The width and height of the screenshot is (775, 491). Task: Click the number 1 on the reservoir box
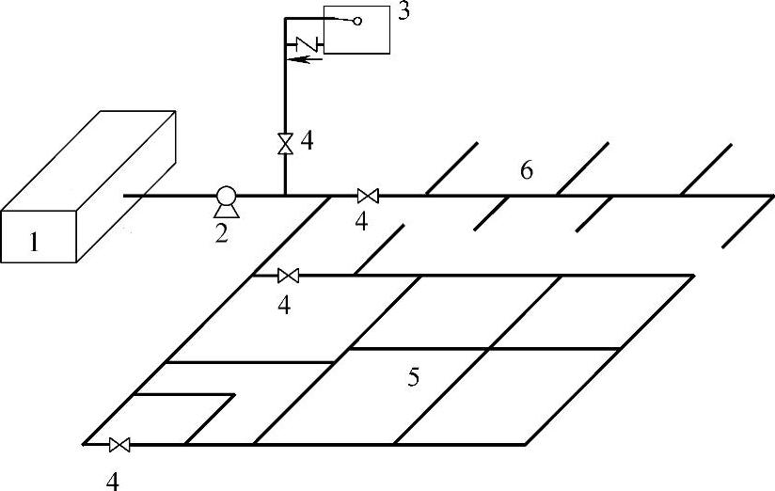(x=35, y=242)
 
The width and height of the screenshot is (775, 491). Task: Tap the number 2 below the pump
(x=222, y=231)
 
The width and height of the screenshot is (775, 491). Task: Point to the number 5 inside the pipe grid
(x=413, y=377)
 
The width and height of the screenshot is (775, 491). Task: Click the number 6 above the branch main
(x=527, y=170)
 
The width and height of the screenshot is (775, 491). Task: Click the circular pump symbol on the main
(x=226, y=197)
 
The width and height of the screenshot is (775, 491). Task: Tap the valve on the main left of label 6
(x=368, y=196)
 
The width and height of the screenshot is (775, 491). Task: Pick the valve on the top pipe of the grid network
(x=289, y=276)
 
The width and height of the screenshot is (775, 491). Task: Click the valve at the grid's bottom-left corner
(x=119, y=444)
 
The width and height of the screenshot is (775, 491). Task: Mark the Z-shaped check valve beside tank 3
(x=306, y=43)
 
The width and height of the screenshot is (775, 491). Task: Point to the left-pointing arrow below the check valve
(x=305, y=59)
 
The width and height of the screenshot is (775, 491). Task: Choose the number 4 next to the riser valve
(x=307, y=142)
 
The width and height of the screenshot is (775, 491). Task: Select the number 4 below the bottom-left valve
(x=113, y=481)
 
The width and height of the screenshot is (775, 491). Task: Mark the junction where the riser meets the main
(x=284, y=196)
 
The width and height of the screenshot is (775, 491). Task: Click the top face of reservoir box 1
(x=89, y=160)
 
